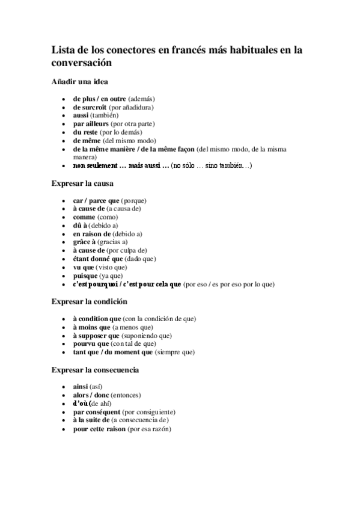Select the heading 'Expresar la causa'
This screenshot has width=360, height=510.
coord(82,183)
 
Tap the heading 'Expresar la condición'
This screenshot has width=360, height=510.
coord(89,301)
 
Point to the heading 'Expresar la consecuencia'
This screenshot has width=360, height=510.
coord(95,369)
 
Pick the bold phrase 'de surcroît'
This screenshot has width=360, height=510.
coord(90,106)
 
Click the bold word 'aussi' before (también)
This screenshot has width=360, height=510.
coord(81,115)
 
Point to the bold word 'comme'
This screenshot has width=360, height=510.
coord(84,217)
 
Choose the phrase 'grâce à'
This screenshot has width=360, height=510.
coord(84,242)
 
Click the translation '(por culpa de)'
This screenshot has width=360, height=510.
coord(127,250)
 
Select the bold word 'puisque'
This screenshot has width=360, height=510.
coord(85,275)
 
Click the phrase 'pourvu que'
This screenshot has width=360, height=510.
coord(91,343)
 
